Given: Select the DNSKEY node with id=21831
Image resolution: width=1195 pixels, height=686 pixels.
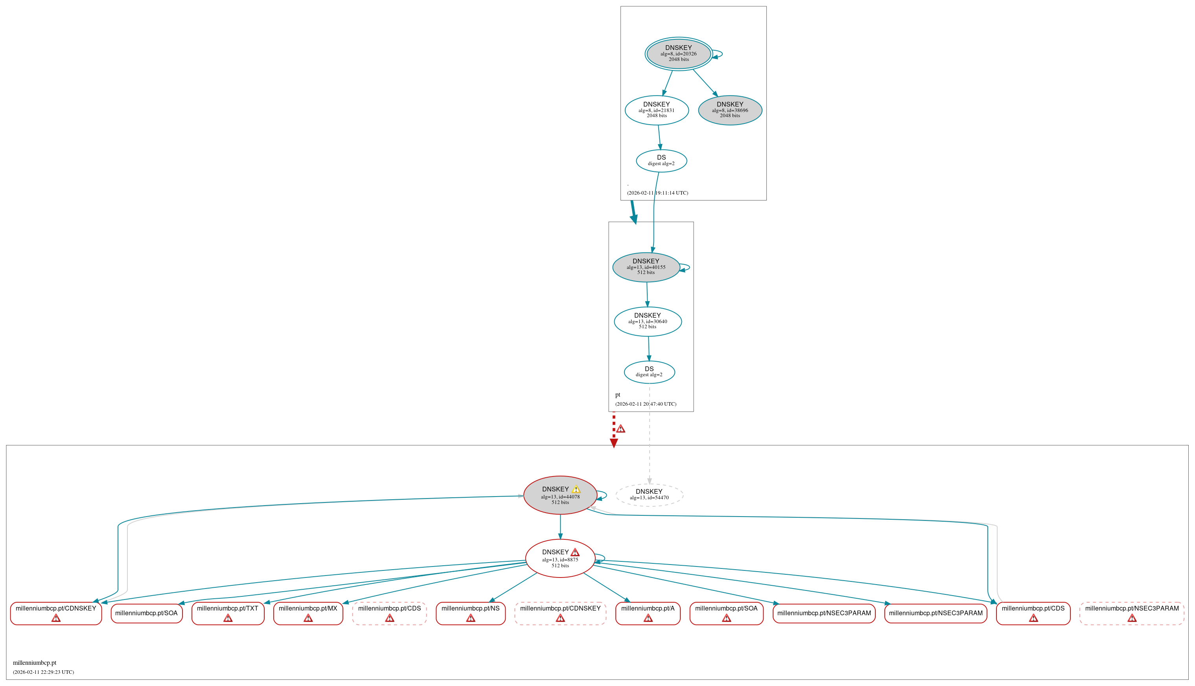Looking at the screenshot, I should (656, 110).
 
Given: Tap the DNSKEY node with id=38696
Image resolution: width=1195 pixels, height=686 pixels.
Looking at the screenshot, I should (729, 110).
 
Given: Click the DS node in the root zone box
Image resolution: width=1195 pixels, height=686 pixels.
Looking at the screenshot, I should (661, 161).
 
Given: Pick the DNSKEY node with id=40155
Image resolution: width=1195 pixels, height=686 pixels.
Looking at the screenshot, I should (646, 267).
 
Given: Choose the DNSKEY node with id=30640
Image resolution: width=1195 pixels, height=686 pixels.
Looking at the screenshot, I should (648, 321).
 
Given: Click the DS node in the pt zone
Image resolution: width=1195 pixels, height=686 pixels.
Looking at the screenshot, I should (649, 372).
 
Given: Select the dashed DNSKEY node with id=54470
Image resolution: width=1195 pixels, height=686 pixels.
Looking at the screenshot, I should (649, 495).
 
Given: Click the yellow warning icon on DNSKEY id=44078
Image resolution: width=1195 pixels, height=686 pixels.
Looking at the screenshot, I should (576, 489).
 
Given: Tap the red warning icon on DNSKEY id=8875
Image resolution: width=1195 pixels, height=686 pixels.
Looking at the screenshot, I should (575, 552).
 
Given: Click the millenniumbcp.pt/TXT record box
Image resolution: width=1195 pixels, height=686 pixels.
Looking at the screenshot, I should (228, 613).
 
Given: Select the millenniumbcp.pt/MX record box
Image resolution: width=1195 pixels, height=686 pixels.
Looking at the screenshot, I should (308, 613).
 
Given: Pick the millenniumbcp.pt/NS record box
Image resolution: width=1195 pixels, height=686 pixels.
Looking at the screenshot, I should (470, 613).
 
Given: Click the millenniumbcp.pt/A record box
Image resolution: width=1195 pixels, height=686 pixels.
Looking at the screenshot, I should (648, 613).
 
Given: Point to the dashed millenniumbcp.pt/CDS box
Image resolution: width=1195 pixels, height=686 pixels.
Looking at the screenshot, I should (389, 613).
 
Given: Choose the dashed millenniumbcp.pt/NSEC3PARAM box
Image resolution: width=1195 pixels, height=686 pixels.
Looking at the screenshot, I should (1131, 613).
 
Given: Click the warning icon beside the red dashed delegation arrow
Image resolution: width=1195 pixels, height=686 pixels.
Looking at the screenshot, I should (621, 429).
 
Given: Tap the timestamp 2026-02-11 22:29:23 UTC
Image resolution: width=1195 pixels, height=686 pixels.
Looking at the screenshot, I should (43, 672).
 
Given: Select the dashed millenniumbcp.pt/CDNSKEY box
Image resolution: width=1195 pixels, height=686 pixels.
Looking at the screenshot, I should (560, 613).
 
